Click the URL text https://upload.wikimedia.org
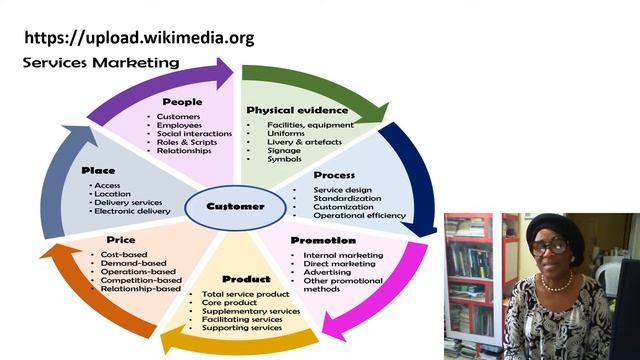point(139,38)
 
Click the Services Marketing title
point(101,63)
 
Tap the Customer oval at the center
point(235,206)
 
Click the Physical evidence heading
point(297,110)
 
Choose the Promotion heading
point(322,240)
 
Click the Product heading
point(246,279)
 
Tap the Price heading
point(120,240)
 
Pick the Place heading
point(99,171)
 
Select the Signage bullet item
point(285,151)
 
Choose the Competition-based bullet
point(141,281)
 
